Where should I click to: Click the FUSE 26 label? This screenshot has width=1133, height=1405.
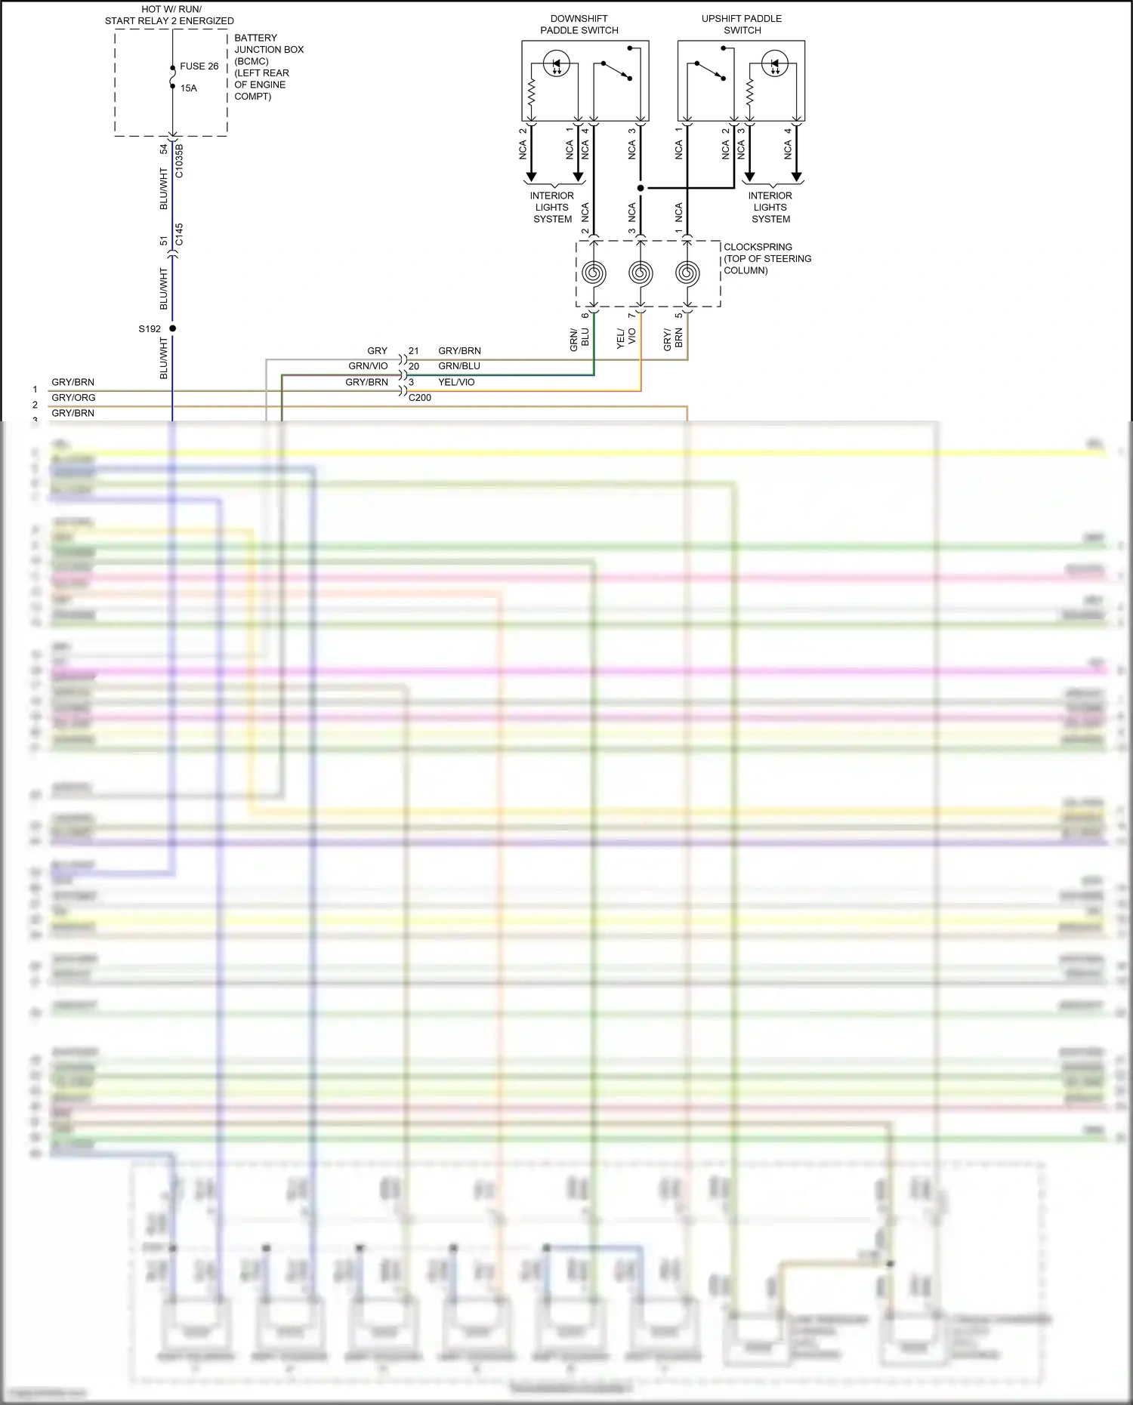199,66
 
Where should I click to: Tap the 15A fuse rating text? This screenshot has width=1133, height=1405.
189,88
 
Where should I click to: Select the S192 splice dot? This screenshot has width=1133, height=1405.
172,328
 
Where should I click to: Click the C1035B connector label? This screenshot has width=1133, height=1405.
179,162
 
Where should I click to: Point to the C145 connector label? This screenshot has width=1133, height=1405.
179,235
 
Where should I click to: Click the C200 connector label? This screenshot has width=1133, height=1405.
420,397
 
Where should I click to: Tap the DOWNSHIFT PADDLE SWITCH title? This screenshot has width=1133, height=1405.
579,24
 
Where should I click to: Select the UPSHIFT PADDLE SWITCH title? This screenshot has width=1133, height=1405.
742,24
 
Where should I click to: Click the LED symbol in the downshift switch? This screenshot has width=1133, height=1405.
557,63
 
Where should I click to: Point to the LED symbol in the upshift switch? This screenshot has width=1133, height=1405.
773,63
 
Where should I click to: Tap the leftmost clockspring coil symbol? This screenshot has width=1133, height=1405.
594,273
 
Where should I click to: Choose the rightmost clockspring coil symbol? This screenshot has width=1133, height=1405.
687,273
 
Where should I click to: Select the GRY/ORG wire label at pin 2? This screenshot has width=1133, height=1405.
73,398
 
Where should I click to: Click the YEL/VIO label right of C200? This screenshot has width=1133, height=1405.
456,382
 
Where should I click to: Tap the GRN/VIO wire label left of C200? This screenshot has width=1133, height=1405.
368,366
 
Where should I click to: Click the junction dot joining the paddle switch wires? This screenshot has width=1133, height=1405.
641,188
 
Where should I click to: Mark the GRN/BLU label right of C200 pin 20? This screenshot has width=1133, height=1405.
459,366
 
